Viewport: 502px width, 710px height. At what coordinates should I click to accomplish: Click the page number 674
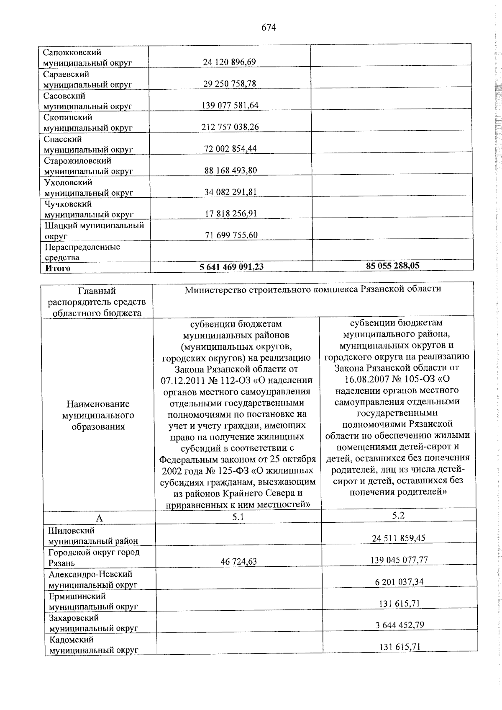click(x=269, y=28)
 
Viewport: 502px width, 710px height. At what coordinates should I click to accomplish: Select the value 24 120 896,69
click(x=229, y=62)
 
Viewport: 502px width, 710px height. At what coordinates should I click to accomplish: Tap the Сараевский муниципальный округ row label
click(x=87, y=79)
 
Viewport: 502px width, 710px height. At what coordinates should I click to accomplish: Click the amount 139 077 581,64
click(x=230, y=105)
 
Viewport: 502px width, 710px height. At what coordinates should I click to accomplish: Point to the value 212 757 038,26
click(x=230, y=127)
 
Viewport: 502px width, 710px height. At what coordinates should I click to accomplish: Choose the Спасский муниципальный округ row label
click(x=88, y=144)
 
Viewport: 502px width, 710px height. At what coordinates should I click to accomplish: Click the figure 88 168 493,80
click(x=230, y=170)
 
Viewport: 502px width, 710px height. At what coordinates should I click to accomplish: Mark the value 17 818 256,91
click(x=231, y=213)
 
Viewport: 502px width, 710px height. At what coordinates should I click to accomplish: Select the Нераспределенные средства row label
click(x=82, y=252)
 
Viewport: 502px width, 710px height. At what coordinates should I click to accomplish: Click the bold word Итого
click(x=58, y=268)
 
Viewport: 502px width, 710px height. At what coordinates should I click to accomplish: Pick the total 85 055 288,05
click(x=392, y=265)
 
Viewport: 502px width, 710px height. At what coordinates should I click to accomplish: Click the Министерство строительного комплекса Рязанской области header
click(x=312, y=289)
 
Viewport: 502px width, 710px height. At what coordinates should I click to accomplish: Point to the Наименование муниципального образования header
click(x=98, y=415)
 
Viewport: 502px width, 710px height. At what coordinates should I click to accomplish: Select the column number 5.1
click(x=238, y=517)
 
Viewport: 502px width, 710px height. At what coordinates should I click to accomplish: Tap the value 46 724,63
click(x=239, y=561)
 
